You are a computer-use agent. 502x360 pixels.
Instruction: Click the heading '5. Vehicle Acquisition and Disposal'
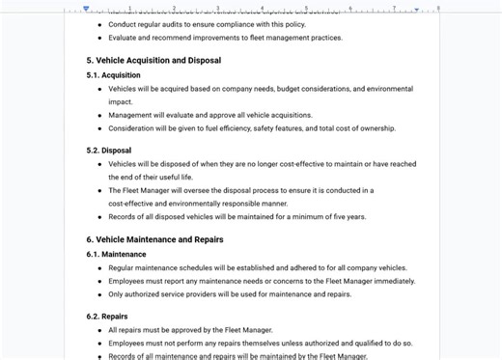pyautogui.click(x=153, y=60)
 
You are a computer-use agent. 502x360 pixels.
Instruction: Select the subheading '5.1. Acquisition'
pyautogui.click(x=113, y=74)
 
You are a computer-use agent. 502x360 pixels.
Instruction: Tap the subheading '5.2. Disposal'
pyautogui.click(x=108, y=151)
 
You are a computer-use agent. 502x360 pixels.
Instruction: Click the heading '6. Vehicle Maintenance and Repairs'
pyautogui.click(x=154, y=239)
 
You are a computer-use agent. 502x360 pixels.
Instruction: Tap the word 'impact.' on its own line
pyautogui.click(x=121, y=101)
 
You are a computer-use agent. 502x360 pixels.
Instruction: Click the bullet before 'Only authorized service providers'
pyautogui.click(x=99, y=294)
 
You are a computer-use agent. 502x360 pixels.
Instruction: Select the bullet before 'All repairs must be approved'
pyautogui.click(x=99, y=329)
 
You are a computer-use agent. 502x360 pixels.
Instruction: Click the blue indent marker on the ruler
pyautogui.click(x=87, y=8)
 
